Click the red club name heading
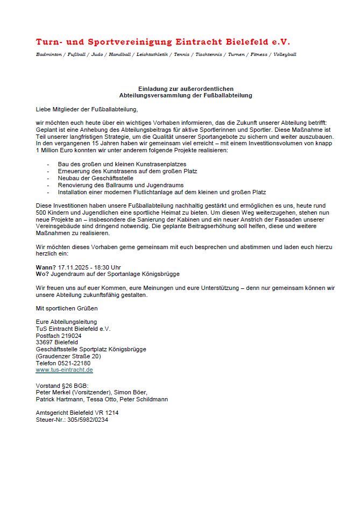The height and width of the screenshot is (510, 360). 163,42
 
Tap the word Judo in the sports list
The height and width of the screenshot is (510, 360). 97,54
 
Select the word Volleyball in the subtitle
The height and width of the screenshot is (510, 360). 285,54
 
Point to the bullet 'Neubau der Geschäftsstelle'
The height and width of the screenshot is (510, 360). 95,178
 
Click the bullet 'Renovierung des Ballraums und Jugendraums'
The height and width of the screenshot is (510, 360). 117,185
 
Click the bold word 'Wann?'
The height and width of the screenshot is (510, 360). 46,267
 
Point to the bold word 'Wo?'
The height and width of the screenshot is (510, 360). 42,274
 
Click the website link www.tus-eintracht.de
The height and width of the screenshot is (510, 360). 64,370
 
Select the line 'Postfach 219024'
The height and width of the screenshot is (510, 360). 59,335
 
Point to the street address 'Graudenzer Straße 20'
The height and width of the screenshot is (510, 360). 68,356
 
